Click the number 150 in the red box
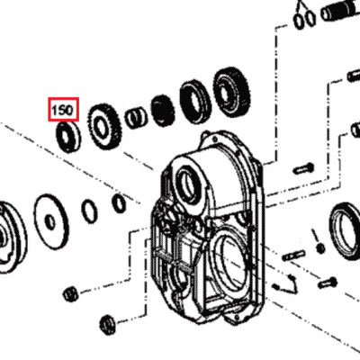62,110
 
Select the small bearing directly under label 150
68,137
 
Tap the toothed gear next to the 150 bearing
104,127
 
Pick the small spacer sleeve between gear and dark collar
136,118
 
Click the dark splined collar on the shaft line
163,111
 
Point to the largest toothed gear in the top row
231,92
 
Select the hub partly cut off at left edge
11,237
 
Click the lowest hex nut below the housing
107,326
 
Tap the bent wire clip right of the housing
289,283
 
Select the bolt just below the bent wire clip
328,283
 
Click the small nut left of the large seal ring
320,247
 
